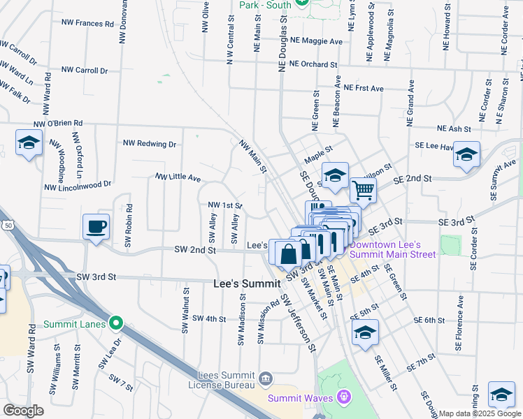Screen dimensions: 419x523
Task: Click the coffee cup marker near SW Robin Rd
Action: (96, 226)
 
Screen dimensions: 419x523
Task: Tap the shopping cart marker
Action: (363, 189)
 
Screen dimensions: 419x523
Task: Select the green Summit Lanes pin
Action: (117, 323)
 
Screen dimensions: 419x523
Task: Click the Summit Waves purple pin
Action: (343, 397)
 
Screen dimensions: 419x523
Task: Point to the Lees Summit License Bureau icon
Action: (266, 379)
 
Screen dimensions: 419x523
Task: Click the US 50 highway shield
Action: (8, 225)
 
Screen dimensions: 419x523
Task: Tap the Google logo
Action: (23, 411)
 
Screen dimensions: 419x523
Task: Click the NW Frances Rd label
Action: (87, 23)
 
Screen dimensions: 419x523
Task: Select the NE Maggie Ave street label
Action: (316, 41)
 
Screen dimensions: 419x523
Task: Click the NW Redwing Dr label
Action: (150, 144)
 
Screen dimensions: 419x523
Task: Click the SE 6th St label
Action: (429, 320)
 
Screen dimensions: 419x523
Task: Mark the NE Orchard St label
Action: (313, 64)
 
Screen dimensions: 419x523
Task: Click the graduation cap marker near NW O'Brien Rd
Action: (29, 144)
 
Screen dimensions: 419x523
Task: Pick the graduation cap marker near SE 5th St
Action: (365, 332)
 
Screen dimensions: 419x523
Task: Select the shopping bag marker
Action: (288, 253)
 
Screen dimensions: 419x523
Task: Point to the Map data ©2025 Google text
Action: (480, 413)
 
